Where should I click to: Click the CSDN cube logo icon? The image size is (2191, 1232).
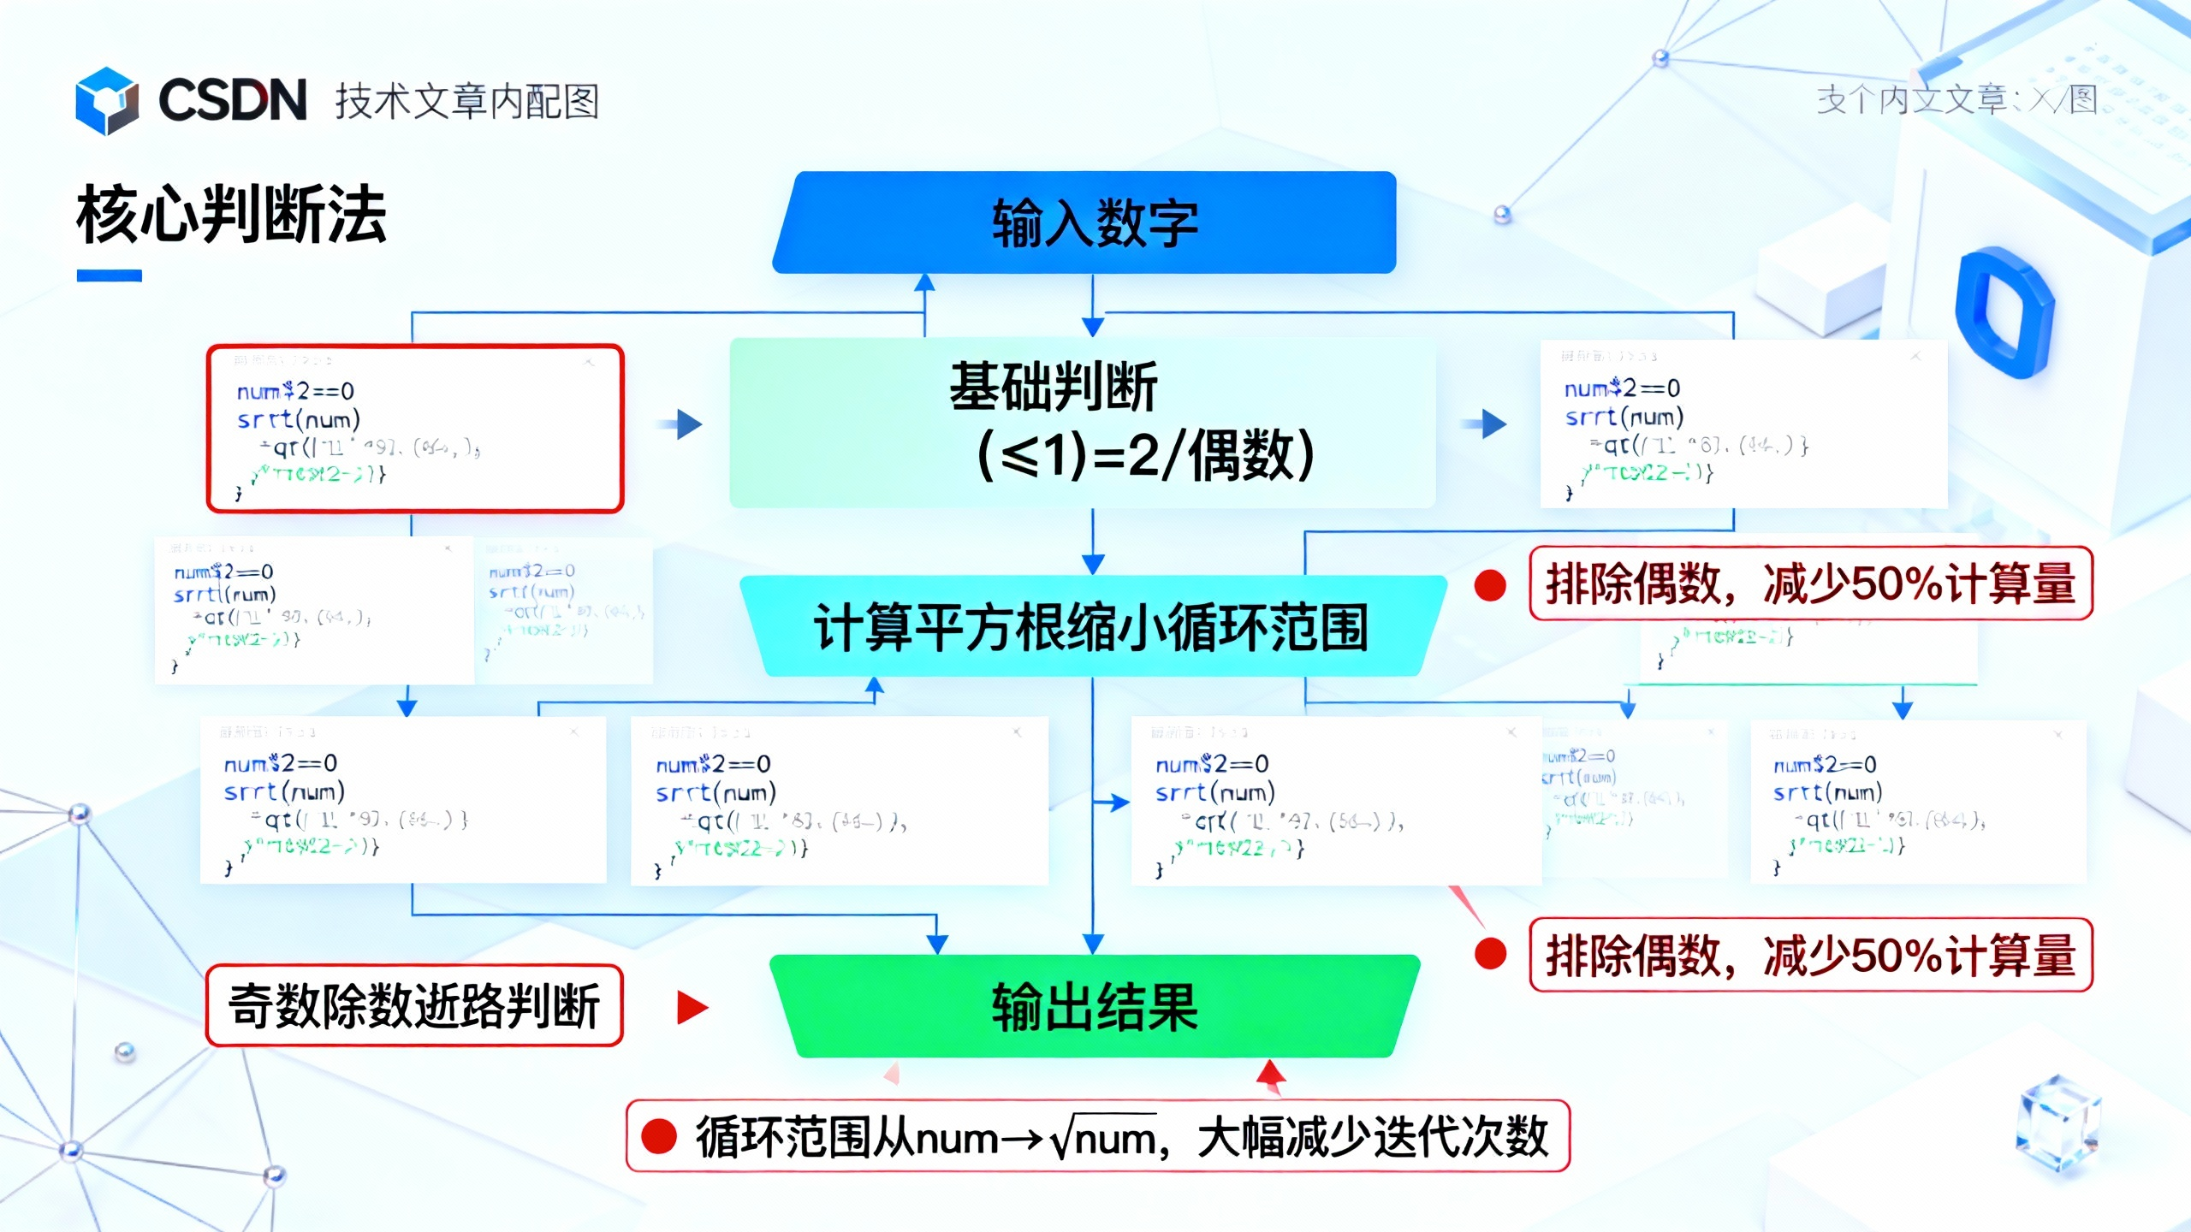[x=107, y=101]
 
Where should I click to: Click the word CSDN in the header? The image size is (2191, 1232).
[x=232, y=100]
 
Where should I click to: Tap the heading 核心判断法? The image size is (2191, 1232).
[x=231, y=215]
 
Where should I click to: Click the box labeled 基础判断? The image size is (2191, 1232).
[x=1083, y=423]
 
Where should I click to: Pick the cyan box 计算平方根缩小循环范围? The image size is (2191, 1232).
[x=1091, y=627]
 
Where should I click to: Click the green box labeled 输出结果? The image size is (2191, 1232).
[x=1094, y=1006]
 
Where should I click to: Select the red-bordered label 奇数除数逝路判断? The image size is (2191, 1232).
[x=414, y=1005]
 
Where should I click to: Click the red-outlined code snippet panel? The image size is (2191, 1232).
[x=415, y=429]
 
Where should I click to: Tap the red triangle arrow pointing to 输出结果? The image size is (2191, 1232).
[x=691, y=1007]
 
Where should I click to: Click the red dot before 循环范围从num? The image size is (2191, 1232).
[x=659, y=1136]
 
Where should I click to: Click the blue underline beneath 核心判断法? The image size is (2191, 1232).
[x=109, y=275]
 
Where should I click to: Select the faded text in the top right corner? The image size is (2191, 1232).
[x=1956, y=100]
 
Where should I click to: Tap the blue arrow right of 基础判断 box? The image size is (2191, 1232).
[x=1491, y=423]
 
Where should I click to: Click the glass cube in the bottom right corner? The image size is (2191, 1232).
[x=2058, y=1121]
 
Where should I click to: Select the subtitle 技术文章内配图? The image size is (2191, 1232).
[x=466, y=101]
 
